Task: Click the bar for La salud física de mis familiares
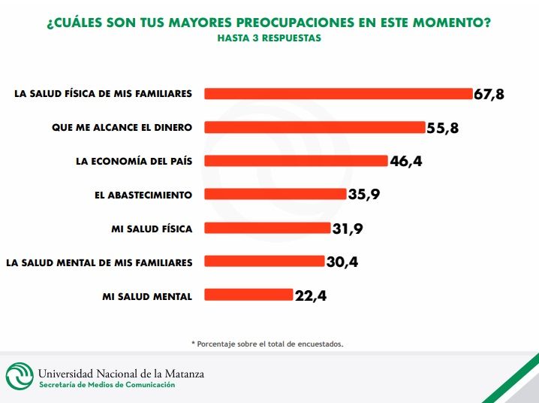[339, 94]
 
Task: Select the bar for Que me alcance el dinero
[315, 127]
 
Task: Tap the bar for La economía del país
[296, 161]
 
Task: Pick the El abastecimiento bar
[276, 194]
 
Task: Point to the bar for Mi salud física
[267, 228]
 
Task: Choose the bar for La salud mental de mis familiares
[264, 261]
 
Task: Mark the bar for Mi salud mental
[248, 295]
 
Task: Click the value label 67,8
[489, 94]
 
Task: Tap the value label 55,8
[443, 128]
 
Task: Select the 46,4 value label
[406, 161]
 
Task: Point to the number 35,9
[364, 195]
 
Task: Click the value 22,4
[311, 295]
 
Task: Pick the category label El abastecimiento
[143, 195]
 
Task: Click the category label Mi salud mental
[147, 297]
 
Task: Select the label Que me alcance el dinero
[122, 127]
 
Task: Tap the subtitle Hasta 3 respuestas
[269, 38]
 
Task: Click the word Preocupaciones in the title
[296, 23]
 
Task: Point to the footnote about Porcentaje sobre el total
[267, 344]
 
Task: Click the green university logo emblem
[20, 376]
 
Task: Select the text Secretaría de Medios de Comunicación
[107, 385]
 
